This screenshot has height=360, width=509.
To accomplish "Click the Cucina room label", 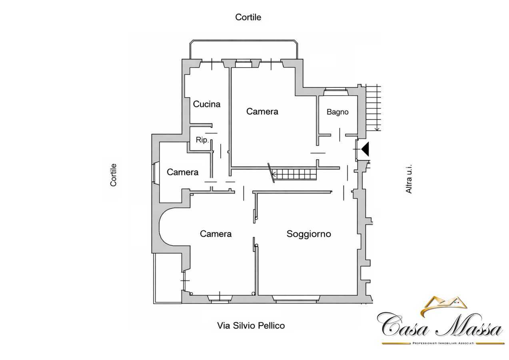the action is (x=207, y=104).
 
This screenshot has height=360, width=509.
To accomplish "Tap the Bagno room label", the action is (x=337, y=112).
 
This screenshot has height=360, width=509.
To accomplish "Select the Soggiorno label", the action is (x=309, y=234).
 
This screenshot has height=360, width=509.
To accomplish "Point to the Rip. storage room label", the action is (x=202, y=140).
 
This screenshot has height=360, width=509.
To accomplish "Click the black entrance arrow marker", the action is (x=365, y=149).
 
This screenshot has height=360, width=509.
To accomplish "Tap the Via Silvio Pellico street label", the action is (x=251, y=326).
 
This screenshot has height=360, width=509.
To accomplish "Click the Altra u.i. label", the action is (x=409, y=179).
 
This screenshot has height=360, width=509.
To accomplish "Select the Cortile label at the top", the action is (x=248, y=17).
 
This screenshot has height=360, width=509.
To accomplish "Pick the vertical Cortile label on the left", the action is (x=113, y=175).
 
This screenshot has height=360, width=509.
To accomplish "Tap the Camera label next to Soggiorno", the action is (x=216, y=234).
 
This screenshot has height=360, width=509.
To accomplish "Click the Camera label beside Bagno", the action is (x=262, y=111).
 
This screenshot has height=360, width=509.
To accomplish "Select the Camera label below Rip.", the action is (x=182, y=172).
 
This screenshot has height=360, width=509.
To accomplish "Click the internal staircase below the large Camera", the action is (x=293, y=174).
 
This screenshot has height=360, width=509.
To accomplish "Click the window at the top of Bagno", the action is (x=336, y=92).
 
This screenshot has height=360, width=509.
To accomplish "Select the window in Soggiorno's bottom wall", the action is (x=296, y=299).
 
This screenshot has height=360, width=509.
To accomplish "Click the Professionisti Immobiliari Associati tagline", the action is (x=443, y=343).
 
